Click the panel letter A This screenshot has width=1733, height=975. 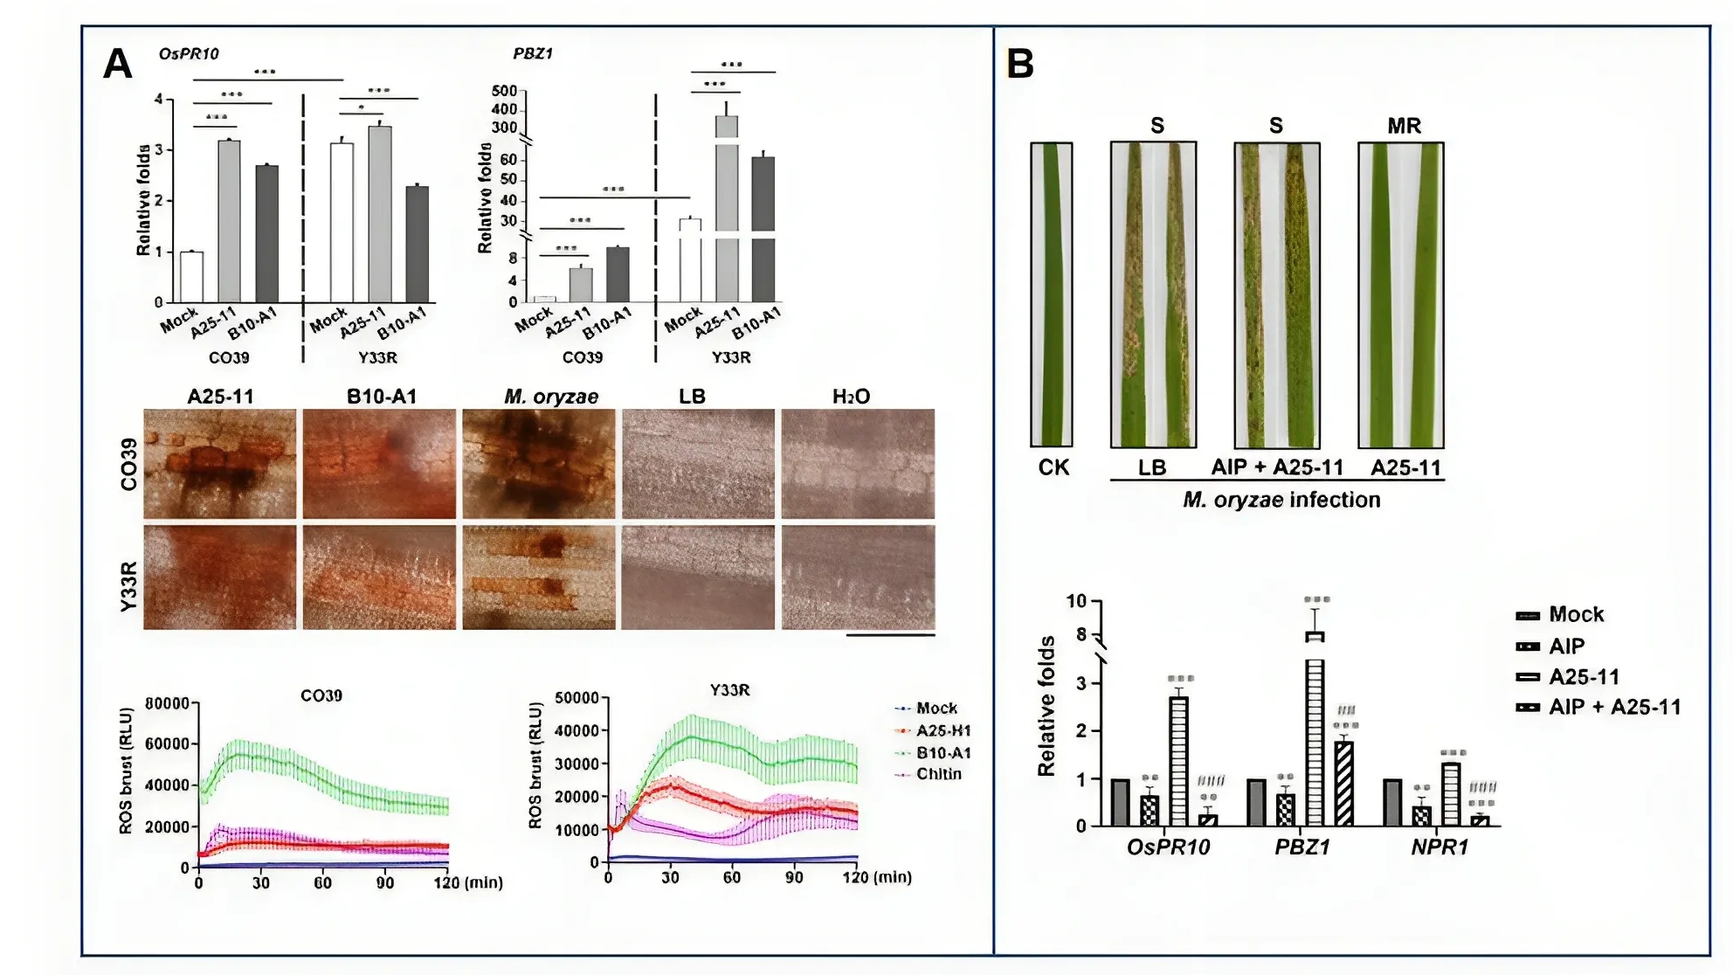pyautogui.click(x=118, y=64)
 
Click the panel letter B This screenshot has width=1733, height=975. pyautogui.click(x=1020, y=64)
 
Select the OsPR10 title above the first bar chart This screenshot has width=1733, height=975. pyautogui.click(x=189, y=54)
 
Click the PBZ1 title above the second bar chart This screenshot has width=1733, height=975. pyautogui.click(x=533, y=54)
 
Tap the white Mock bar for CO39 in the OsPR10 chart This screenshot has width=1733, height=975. pyautogui.click(x=191, y=277)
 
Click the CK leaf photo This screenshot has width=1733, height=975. pyautogui.click(x=1051, y=294)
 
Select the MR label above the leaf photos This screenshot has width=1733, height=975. pyautogui.click(x=1404, y=127)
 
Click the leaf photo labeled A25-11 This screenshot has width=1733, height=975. pyautogui.click(x=1400, y=294)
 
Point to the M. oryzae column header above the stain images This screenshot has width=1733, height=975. pyautogui.click(x=551, y=397)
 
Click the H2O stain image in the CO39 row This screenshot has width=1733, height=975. pyautogui.click(x=858, y=464)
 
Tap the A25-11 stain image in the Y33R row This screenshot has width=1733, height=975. pyautogui.click(x=219, y=577)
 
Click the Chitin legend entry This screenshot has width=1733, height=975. pyautogui.click(x=938, y=774)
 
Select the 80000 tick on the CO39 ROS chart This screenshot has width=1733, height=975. pyautogui.click(x=166, y=703)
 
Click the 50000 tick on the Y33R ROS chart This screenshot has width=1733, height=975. pyautogui.click(x=577, y=698)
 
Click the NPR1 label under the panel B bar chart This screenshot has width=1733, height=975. pyautogui.click(x=1440, y=847)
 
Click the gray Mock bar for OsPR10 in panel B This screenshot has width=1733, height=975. pyautogui.click(x=1120, y=802)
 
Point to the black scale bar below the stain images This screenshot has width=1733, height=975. pyautogui.click(x=890, y=635)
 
